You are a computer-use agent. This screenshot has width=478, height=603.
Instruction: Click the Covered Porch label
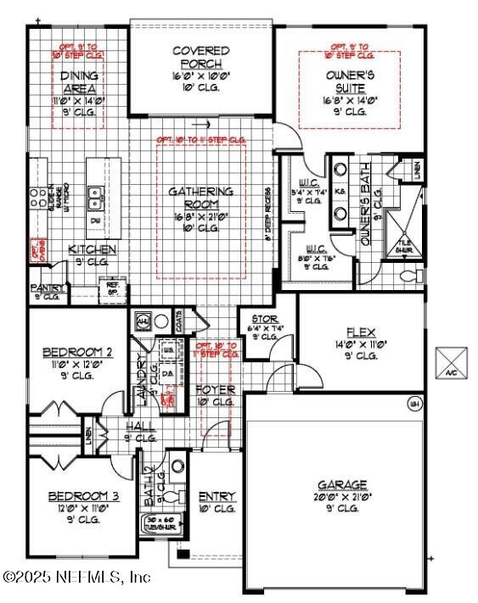(200, 57)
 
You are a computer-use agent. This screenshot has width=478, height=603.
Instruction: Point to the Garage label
(342, 484)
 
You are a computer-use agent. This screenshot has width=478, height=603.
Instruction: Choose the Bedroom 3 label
(77, 496)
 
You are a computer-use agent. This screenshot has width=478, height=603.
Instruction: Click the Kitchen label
(92, 249)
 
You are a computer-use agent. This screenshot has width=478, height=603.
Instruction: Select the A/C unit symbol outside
(449, 361)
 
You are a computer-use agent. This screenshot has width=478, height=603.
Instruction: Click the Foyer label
(215, 389)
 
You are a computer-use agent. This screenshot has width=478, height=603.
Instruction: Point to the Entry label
(217, 496)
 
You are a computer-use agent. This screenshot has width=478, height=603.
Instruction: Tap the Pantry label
(48, 288)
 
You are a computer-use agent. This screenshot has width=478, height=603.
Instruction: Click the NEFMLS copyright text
(76, 577)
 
